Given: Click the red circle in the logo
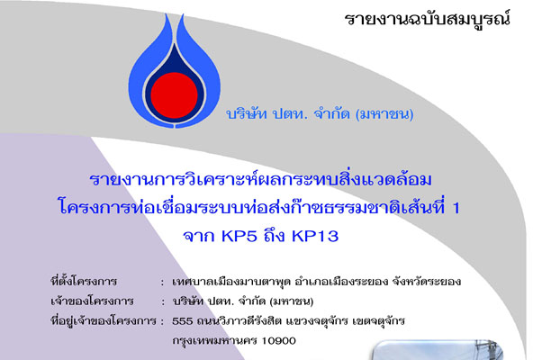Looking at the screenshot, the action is pos(175,95).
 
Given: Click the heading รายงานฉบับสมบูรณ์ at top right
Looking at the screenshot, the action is pos(428,19).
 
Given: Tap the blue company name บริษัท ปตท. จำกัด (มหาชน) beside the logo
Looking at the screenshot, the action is pos(320,114).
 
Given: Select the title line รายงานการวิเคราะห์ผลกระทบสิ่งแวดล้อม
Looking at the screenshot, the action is pos(260,180).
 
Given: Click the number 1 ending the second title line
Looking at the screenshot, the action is pos(456,208).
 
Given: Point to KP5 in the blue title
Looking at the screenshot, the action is pos(239,237).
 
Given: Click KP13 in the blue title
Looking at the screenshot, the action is pos(315,237).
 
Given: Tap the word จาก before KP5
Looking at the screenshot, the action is pos(199,237).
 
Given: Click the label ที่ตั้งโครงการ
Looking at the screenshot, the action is pos(84,281).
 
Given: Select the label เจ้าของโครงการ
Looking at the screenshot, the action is pos(92,301).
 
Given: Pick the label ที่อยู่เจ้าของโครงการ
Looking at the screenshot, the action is pos(104,321).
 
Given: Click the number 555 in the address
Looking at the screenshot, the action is pos(183,321).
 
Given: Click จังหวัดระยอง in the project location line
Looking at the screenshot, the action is pos(427,282).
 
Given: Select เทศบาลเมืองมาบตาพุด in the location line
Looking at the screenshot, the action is pos(231,282).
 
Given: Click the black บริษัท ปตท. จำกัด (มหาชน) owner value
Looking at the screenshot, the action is pos(243,301).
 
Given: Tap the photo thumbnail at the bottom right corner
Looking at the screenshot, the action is pos(438,350).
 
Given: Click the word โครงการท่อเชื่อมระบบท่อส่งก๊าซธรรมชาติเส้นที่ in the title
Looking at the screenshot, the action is pos(252,208).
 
